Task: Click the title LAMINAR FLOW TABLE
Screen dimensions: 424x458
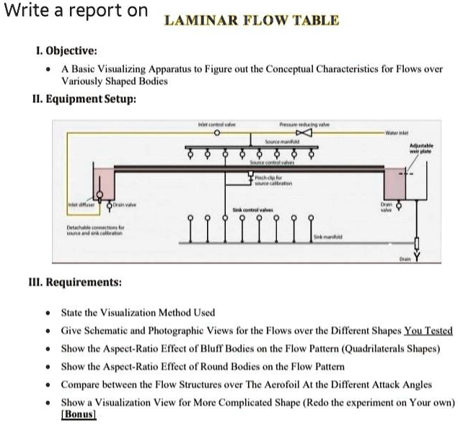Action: [x=252, y=19]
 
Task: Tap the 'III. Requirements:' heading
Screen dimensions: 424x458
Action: [x=84, y=281]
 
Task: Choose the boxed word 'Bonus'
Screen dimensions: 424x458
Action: [x=79, y=414]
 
